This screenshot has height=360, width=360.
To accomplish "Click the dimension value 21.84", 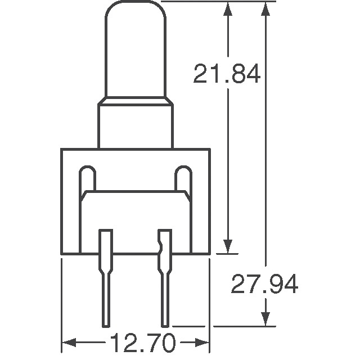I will [x=227, y=74].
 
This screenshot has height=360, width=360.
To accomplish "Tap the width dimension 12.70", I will [x=134, y=343].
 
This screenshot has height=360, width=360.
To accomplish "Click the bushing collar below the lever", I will [x=135, y=124].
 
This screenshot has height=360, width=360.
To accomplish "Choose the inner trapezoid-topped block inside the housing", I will [x=135, y=219].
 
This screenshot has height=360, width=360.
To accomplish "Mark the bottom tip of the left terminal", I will [x=106, y=324].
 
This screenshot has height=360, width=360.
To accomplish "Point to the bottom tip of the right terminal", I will [x=165, y=324].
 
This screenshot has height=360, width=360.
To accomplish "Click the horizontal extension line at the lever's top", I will [x=219, y=2].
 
